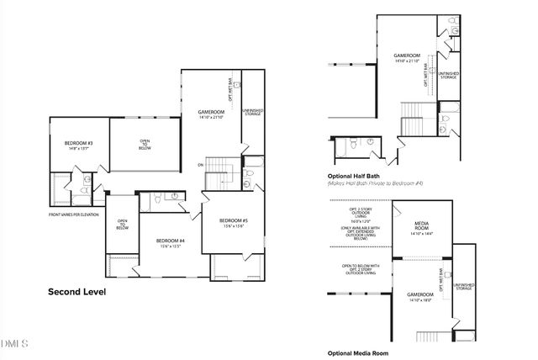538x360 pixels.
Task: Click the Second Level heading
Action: pos(77,293)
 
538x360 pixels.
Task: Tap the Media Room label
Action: pos(421,226)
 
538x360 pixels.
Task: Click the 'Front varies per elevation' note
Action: pos(74,214)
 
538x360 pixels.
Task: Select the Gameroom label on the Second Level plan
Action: pos(211,112)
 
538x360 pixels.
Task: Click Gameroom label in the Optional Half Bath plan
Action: pos(407,56)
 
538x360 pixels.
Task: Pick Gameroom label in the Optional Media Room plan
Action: pos(419,294)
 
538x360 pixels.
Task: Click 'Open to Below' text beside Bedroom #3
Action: pos(145,143)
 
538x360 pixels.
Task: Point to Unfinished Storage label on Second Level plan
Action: pos(252,112)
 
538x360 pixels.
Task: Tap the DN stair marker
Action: pos(201,164)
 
